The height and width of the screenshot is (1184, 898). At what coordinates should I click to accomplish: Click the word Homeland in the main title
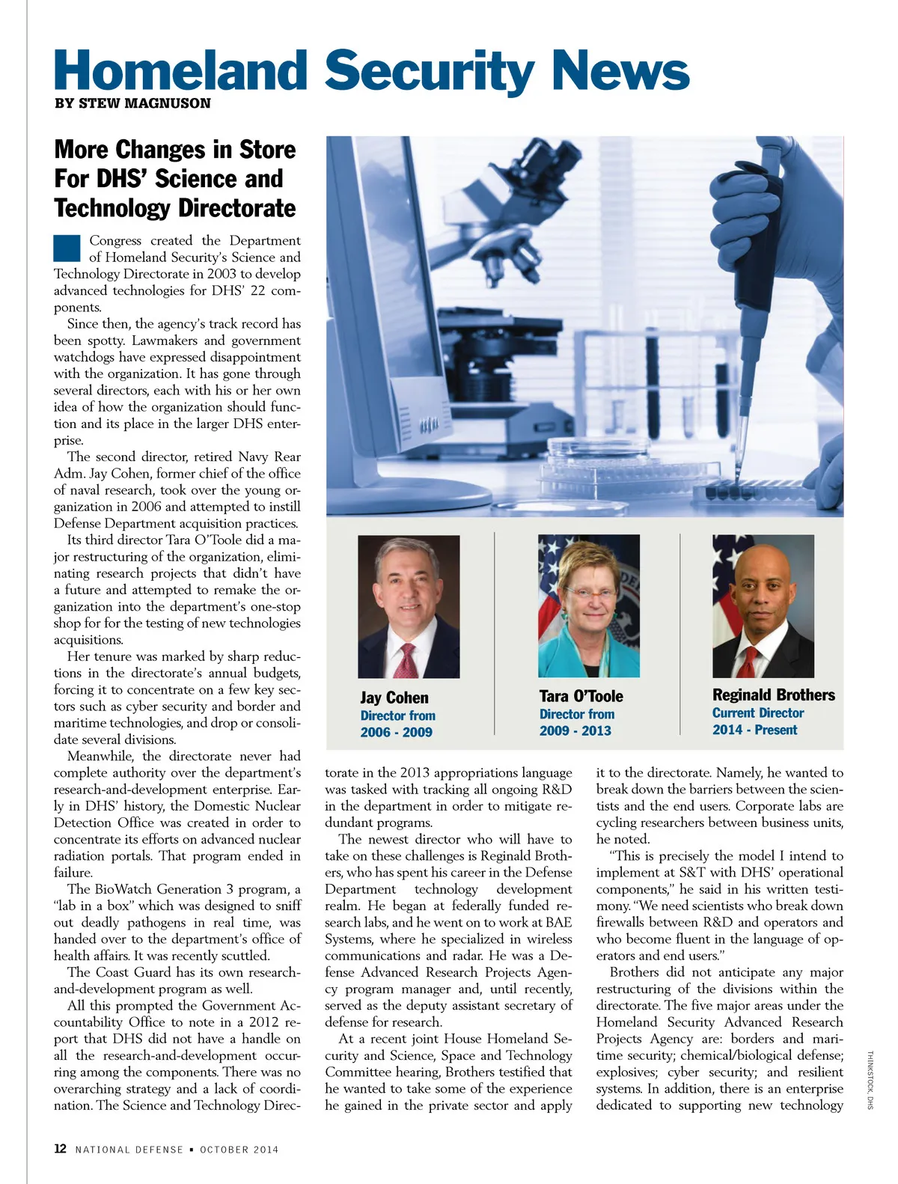(x=180, y=71)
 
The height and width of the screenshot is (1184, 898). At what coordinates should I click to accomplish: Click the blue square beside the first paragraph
(x=67, y=248)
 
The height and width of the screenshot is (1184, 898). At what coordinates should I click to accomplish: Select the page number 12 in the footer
(x=61, y=1149)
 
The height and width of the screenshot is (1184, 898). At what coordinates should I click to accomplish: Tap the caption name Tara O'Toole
(x=581, y=696)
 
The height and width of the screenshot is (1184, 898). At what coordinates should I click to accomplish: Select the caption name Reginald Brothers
(x=773, y=695)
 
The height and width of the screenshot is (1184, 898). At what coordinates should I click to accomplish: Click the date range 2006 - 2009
(x=396, y=732)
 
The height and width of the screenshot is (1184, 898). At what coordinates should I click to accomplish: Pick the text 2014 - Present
(x=754, y=730)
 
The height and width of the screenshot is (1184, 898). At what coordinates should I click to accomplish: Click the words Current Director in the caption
(x=757, y=713)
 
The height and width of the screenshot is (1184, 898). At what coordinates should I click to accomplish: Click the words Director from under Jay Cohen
(x=397, y=715)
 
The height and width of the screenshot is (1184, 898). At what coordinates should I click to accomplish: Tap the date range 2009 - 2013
(x=575, y=730)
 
